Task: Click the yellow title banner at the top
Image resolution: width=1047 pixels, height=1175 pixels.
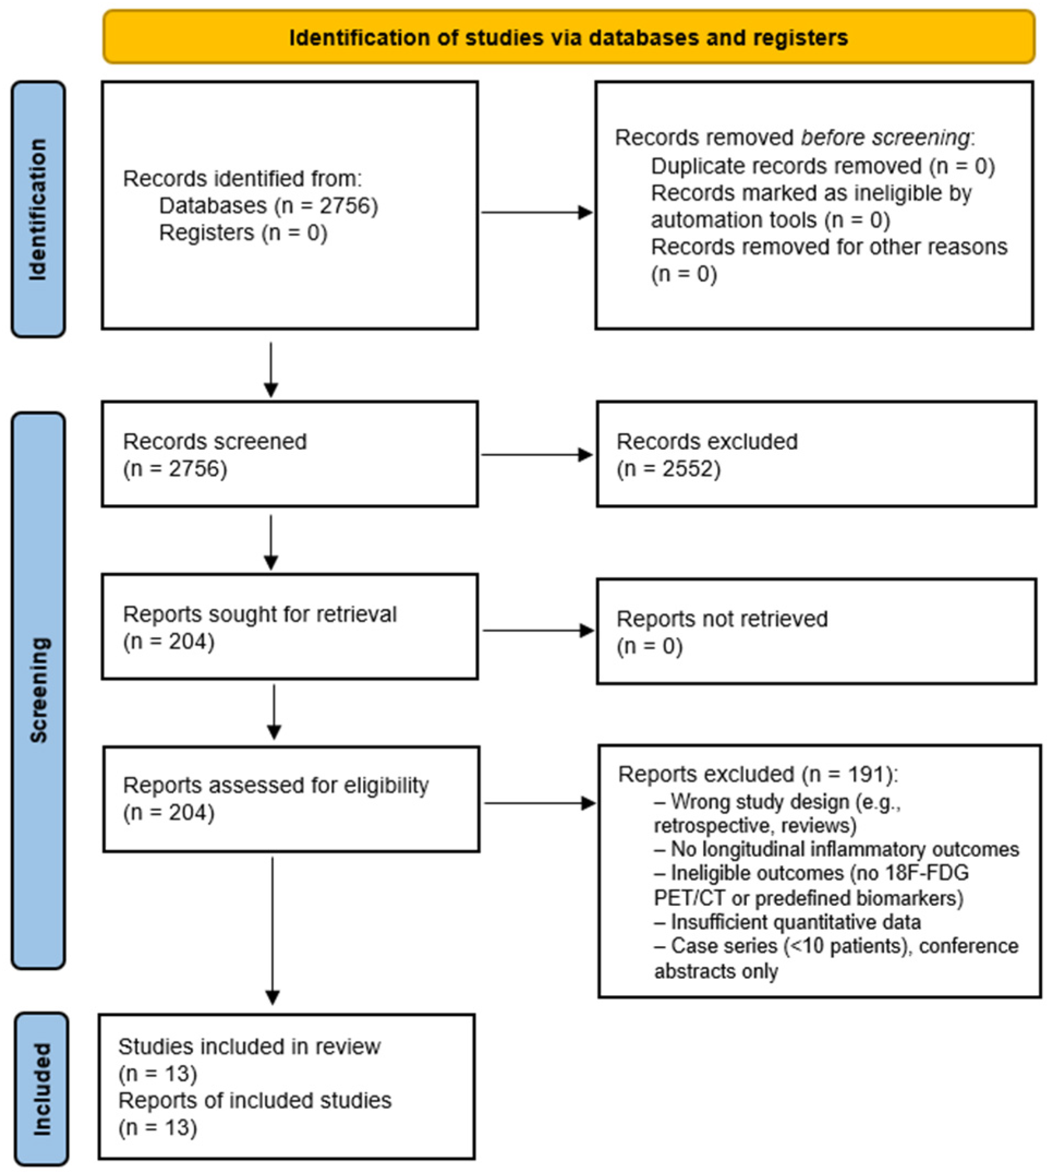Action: (x=569, y=37)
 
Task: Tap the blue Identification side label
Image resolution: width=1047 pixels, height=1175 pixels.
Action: (x=39, y=209)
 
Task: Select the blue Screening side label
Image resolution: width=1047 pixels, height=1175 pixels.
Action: (x=39, y=691)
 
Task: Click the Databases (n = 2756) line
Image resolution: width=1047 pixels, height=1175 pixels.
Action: (x=269, y=205)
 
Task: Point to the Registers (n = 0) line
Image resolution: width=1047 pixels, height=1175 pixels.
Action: (x=244, y=233)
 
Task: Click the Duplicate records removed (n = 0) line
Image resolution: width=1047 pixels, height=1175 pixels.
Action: (x=823, y=166)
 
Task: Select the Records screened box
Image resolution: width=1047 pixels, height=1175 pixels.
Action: (x=290, y=454)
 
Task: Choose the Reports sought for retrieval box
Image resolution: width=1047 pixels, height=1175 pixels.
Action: (x=290, y=627)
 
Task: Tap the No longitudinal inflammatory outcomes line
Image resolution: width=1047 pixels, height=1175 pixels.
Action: (x=836, y=849)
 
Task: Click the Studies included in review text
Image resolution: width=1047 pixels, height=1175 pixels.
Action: (x=249, y=1046)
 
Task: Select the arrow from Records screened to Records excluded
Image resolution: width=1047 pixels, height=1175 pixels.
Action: (x=537, y=455)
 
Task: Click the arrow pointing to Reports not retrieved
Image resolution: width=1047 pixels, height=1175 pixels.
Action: (x=538, y=631)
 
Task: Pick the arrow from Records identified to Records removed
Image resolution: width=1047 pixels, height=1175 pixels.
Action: (x=537, y=213)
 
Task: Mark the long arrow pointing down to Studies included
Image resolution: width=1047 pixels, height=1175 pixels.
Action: (x=273, y=931)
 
